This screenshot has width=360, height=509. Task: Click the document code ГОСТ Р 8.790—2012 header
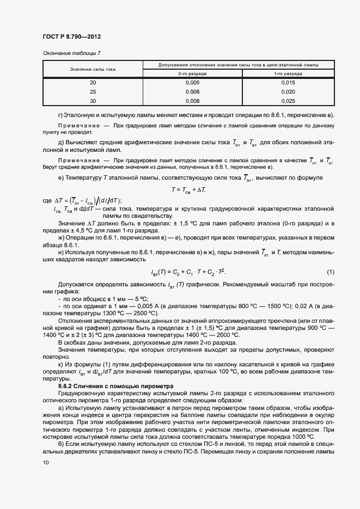(x=71, y=36)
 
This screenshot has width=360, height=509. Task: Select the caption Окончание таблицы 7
(x=71, y=53)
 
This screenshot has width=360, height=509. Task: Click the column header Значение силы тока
(x=93, y=69)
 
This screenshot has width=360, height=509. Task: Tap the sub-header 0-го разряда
(x=192, y=73)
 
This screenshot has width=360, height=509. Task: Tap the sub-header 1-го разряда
(x=288, y=73)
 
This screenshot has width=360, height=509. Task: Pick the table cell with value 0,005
(x=192, y=83)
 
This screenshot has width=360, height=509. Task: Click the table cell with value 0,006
(x=192, y=92)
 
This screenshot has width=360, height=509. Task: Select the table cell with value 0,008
(x=192, y=101)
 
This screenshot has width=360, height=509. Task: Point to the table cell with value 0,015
(x=288, y=83)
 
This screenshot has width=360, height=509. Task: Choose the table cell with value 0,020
(x=288, y=92)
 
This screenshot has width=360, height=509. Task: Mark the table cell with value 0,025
(x=288, y=101)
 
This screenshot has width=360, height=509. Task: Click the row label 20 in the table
(x=93, y=83)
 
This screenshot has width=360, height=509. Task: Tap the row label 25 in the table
(x=93, y=92)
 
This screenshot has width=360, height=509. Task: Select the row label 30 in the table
(x=93, y=101)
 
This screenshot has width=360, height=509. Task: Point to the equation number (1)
(x=330, y=272)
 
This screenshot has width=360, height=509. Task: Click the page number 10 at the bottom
(x=45, y=462)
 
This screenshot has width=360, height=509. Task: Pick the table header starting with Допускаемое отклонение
(x=239, y=65)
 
